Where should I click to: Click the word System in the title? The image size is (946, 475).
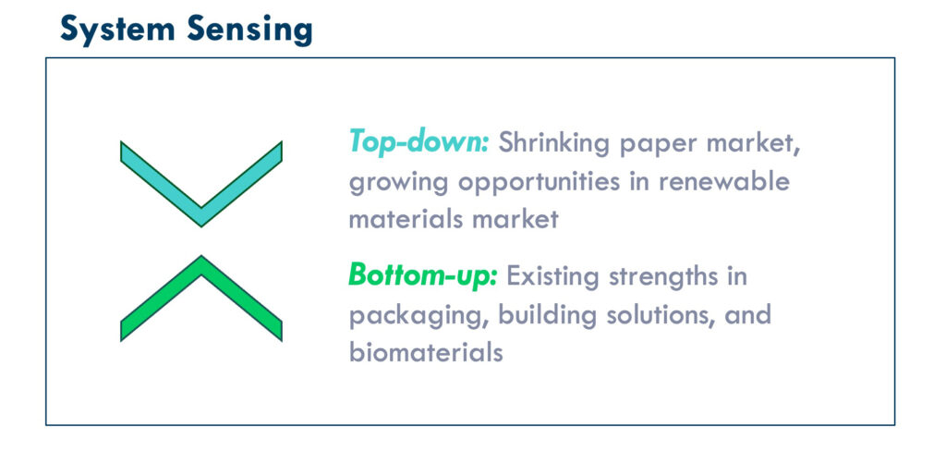(x=117, y=30)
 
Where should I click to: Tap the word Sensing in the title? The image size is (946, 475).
(x=249, y=30)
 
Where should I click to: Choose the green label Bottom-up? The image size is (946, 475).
(x=423, y=275)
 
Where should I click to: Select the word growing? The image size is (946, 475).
(x=398, y=183)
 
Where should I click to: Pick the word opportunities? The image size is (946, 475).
(x=539, y=183)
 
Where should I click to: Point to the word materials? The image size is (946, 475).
(x=406, y=218)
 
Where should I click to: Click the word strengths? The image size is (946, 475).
(x=663, y=277)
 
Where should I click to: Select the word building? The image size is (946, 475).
(x=547, y=315)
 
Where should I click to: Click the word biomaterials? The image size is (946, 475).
(x=426, y=352)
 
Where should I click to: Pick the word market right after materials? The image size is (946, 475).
(x=515, y=218)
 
